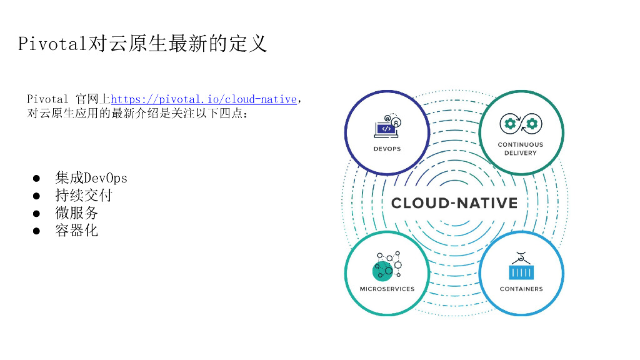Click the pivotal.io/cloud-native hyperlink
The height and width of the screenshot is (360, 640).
point(203,99)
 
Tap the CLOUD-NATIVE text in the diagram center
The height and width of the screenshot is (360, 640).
point(454,203)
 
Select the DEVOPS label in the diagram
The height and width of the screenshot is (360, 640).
point(387,149)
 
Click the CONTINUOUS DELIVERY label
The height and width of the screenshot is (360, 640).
point(520,149)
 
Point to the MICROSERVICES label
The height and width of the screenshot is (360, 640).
point(387,289)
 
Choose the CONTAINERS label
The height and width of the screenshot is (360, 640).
point(521,289)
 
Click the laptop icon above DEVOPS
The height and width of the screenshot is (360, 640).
point(387,127)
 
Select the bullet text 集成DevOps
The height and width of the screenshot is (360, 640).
point(91,178)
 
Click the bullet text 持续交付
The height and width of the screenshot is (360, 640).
point(84,196)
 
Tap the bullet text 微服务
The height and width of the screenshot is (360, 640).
point(77,213)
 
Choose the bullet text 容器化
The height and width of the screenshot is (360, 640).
point(77,231)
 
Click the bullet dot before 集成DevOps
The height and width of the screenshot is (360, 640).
point(37,179)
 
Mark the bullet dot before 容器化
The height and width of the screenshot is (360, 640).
point(37,231)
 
